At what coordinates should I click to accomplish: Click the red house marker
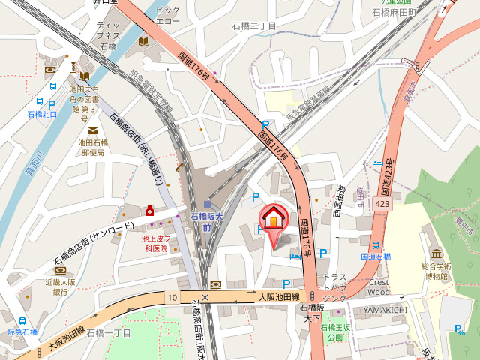pyautogui.click(x=274, y=217)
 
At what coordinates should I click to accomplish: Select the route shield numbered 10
pyautogui.click(x=173, y=298)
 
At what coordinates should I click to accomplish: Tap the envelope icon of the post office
pyautogui.click(x=92, y=130)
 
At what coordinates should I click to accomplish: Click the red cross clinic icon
pyautogui.click(x=151, y=211)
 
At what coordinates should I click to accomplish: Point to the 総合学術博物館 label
pyautogui.click(x=436, y=271)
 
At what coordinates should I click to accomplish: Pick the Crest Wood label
pyautogui.click(x=379, y=286)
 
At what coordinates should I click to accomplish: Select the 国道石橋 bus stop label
pyautogui.click(x=376, y=256)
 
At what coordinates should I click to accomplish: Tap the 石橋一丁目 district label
pyautogui.click(x=109, y=332)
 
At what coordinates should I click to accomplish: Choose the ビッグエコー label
pyautogui.click(x=168, y=16)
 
